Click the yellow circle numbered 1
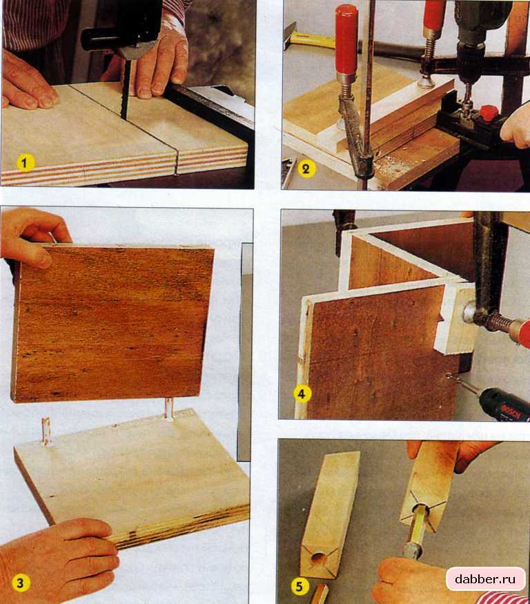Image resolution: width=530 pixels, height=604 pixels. coord(25,164)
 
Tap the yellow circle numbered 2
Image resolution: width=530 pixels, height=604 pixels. coord(306,169)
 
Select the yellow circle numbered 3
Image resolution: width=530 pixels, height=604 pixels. coord(20,583)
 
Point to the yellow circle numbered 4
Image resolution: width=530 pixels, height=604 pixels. coord(302,393)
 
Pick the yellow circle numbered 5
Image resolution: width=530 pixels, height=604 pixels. coord(300,587)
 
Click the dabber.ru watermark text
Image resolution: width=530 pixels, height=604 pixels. coord(485,579)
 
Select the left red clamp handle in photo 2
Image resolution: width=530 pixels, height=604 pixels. coord(346,41)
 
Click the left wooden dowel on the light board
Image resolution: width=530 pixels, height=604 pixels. coord(47,431)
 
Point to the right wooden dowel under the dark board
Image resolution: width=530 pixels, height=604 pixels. coord(168,409)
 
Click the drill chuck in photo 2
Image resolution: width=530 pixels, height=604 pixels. coord(470,62)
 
